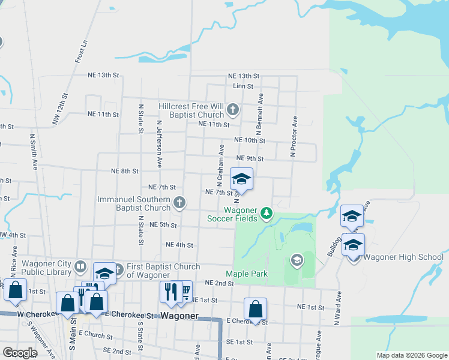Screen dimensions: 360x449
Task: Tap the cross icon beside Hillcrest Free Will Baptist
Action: click(233, 110)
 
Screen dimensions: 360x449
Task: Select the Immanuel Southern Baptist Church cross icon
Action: click(179, 203)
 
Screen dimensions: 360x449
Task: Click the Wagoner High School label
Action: click(404, 257)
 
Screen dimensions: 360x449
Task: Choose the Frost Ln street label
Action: click(82, 52)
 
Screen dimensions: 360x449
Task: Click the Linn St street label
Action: click(244, 86)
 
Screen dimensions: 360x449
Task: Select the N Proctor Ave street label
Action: click(294, 137)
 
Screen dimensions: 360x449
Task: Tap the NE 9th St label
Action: click(250, 158)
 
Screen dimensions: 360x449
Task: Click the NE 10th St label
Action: click(250, 140)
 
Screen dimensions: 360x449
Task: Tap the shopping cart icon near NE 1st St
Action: click(185, 291)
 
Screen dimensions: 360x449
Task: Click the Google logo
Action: click(20, 352)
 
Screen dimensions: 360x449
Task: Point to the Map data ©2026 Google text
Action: click(411, 355)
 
